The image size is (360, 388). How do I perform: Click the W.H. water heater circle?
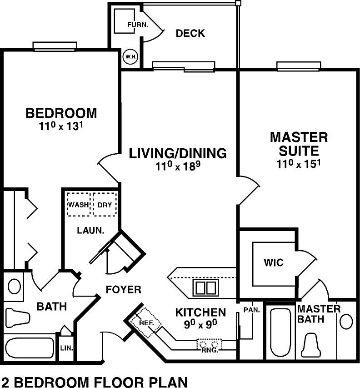130,57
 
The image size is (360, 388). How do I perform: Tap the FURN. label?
138,25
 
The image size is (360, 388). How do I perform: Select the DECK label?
190,33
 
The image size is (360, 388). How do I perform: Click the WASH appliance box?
78,204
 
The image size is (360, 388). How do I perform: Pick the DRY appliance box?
105,204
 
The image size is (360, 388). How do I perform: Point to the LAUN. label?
91,230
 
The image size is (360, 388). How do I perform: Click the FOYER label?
123,289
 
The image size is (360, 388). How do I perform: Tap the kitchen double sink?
206,287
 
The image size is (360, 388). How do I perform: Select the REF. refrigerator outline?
146,323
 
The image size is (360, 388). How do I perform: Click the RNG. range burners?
209,345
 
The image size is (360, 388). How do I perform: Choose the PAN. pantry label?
252,310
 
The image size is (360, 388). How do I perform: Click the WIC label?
274,262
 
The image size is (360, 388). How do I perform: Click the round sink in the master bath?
346,322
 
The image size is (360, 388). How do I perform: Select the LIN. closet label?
66,348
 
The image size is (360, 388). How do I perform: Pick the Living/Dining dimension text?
178,166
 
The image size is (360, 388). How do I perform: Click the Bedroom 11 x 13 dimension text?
61,126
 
